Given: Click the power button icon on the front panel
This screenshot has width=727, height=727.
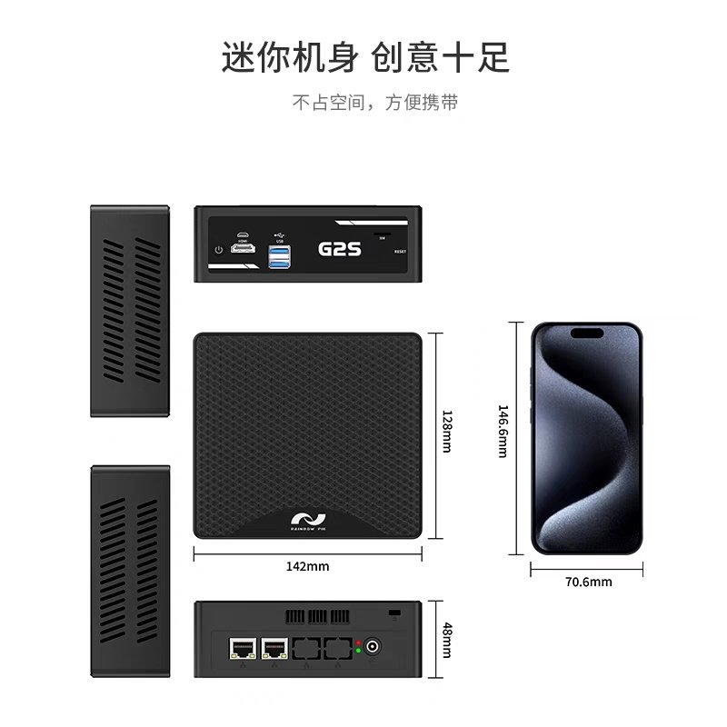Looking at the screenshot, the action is click(218, 250).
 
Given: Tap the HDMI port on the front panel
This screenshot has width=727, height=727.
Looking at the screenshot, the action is click(243, 246).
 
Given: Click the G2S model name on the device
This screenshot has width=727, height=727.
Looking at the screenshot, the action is click(341, 248).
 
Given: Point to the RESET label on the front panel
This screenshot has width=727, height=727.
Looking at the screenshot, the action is click(401, 251).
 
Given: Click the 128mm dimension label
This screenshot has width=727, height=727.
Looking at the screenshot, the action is click(447, 432).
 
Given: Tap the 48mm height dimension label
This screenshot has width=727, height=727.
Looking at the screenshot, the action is click(447, 640).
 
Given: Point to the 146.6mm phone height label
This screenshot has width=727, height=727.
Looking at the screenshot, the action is click(502, 432).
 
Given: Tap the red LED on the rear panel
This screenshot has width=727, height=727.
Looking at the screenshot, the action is click(359, 643).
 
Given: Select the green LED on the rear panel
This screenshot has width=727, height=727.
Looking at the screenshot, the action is click(359, 652).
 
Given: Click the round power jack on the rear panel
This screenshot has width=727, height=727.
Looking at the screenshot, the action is click(373, 648).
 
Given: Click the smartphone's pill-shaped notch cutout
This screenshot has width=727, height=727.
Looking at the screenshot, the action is click(587, 333).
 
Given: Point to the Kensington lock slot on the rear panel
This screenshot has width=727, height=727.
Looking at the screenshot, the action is click(393, 615).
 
